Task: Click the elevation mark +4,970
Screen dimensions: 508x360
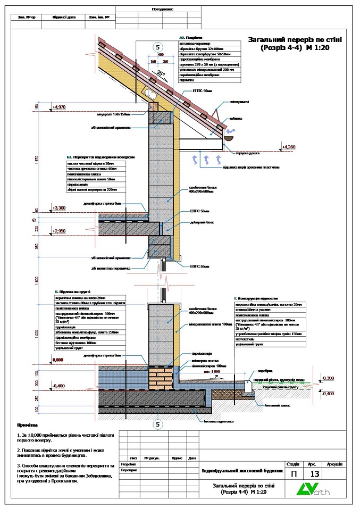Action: pyautogui.click(x=60, y=107)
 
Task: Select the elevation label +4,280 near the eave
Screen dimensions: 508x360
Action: pyautogui.click(x=289, y=146)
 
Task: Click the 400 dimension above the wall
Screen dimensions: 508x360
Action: pyautogui.click(x=161, y=55)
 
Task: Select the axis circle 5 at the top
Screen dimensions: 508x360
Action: pyautogui.click(x=157, y=46)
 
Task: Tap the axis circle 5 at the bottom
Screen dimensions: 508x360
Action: pyautogui.click(x=158, y=424)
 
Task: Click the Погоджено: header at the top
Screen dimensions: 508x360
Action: pyautogui.click(x=165, y=9)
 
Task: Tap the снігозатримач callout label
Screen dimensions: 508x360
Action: pyautogui.click(x=239, y=101)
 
